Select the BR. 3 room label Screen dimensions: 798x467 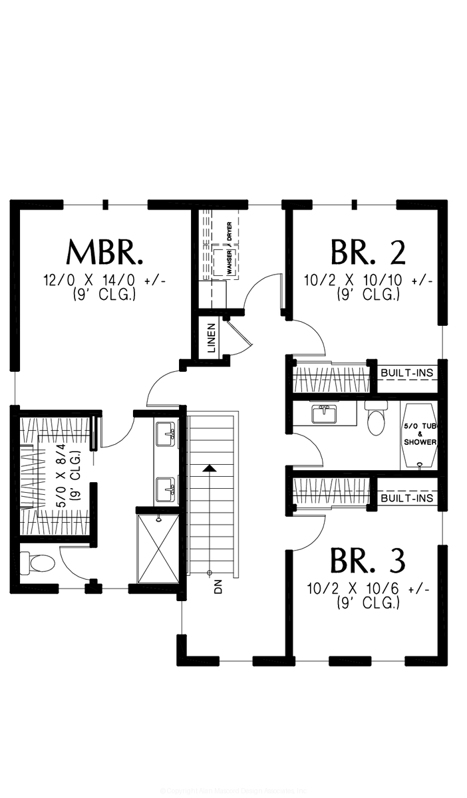[368, 562]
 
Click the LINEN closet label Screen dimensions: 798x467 [212, 338]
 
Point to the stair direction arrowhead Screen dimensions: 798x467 [210, 468]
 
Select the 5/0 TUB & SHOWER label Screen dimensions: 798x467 [420, 434]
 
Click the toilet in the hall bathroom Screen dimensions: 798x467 [376, 420]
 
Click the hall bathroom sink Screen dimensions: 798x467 [325, 414]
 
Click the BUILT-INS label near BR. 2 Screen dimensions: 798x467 [407, 374]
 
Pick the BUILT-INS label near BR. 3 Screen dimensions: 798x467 [407, 498]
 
